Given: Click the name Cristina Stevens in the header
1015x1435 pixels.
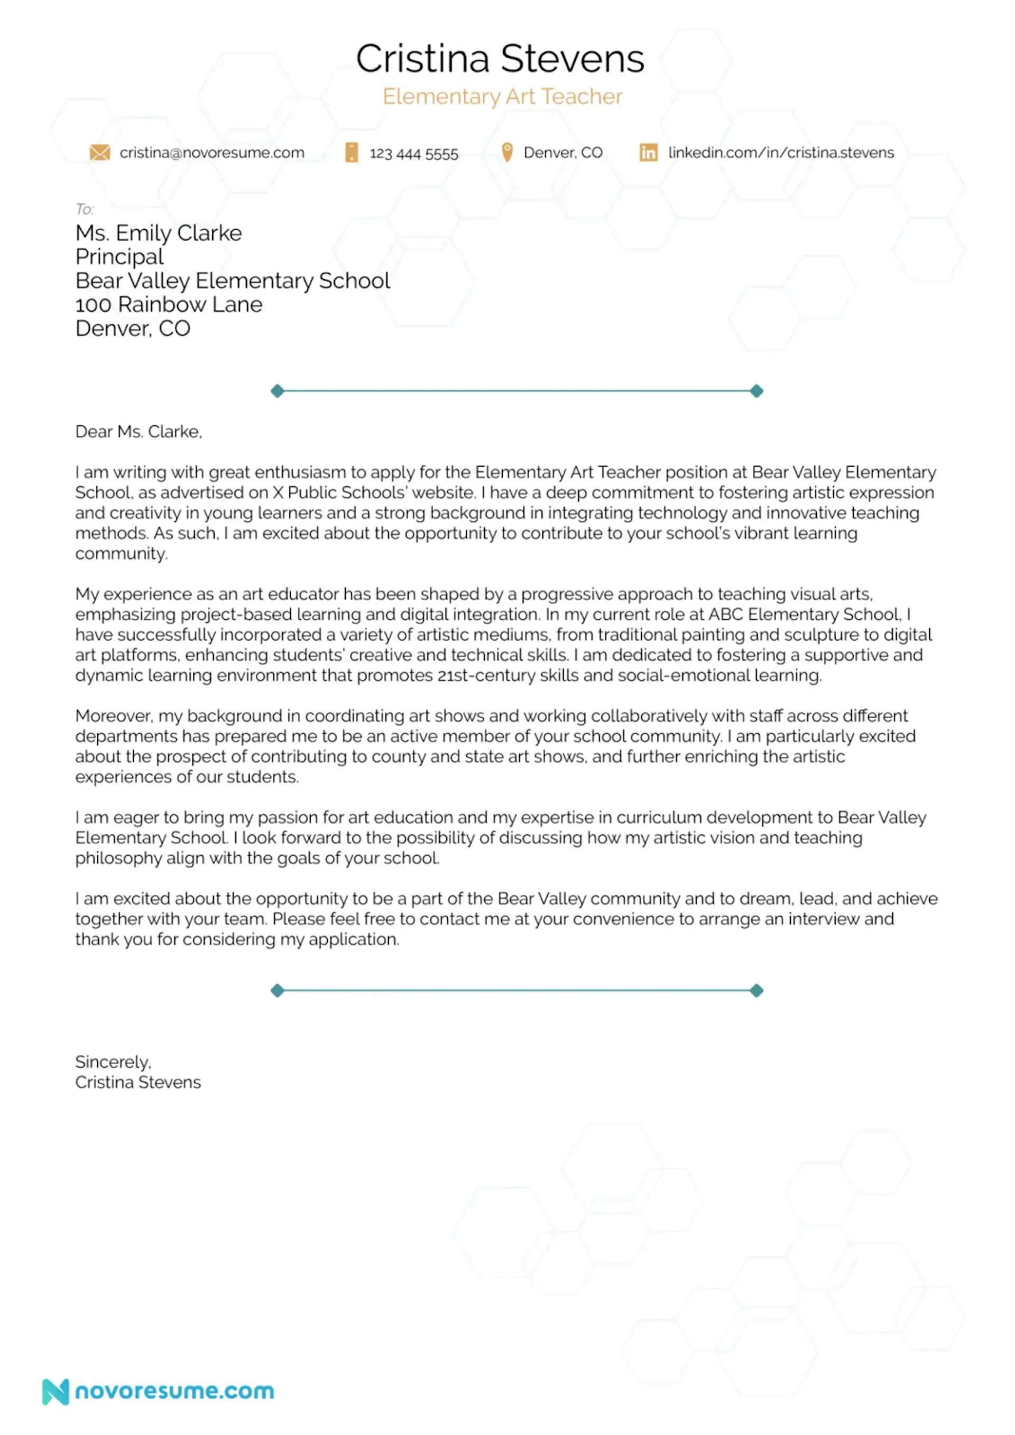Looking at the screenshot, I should (x=500, y=59).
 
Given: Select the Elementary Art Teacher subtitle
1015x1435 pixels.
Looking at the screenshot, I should (x=502, y=96).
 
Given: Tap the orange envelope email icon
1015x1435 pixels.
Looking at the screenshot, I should (x=99, y=153).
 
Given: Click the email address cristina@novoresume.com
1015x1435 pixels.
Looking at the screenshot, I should (x=212, y=153).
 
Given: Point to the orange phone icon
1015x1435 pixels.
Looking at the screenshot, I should (x=352, y=153).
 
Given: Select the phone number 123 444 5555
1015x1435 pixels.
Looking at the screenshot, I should (x=413, y=153).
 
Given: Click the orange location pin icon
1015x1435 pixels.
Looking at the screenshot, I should (x=507, y=152).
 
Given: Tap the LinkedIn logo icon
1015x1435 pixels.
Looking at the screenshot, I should (x=648, y=153).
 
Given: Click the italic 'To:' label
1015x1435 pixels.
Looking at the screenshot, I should (x=85, y=209).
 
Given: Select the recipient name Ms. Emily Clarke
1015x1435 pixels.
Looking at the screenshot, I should (x=158, y=233).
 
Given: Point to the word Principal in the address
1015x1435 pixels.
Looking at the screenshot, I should (x=119, y=257).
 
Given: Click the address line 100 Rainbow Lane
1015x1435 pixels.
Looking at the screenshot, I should (x=169, y=304).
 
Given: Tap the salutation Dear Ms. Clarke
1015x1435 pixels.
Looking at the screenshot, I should (x=138, y=431).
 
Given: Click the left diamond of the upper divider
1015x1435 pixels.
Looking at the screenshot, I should (x=277, y=392).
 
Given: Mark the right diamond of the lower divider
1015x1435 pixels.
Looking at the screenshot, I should (x=756, y=991).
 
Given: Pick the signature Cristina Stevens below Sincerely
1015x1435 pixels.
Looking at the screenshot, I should (x=137, y=1083).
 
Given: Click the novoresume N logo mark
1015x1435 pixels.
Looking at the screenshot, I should (x=55, y=1392).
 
